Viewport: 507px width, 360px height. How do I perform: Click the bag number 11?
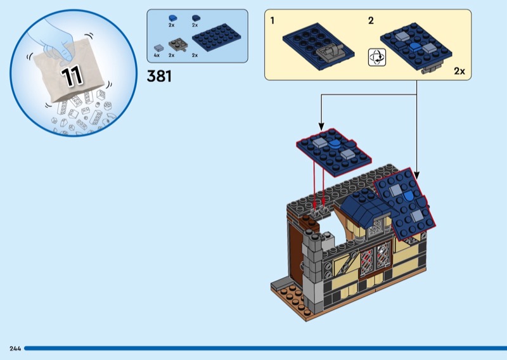tap(72, 77)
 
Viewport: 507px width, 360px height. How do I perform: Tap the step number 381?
tap(159, 76)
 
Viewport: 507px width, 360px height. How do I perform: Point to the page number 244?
tap(15, 349)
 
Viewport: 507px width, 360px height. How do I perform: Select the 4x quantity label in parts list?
tap(157, 55)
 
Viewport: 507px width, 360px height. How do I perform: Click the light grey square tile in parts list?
tap(159, 48)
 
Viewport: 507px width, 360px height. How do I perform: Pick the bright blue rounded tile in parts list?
tap(172, 18)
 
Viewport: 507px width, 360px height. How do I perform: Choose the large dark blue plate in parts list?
tap(217, 37)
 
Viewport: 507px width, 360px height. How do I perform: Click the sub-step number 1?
tap(273, 21)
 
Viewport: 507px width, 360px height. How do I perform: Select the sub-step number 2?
tap(371, 21)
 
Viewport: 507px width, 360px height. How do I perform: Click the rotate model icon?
tap(377, 58)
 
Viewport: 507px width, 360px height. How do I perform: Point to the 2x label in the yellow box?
tap(459, 71)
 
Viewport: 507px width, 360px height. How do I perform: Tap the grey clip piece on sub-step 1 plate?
tap(330, 53)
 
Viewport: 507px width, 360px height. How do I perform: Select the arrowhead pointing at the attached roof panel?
tap(417, 176)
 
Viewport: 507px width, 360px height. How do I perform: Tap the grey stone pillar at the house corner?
tap(312, 272)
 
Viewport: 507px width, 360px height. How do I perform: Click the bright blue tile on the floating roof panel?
tap(334, 145)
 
